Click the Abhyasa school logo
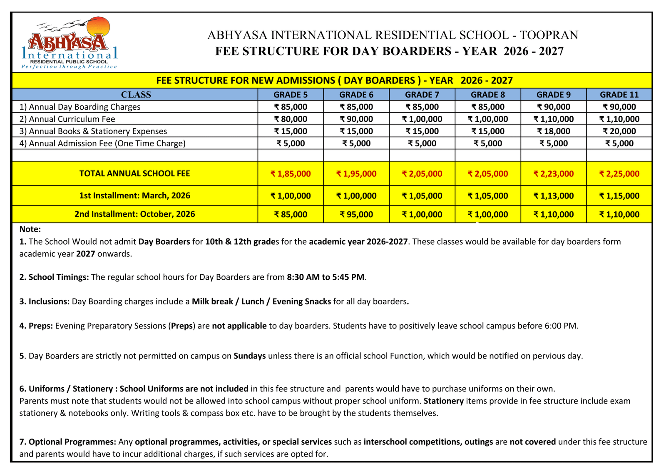(70, 43)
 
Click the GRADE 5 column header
(291, 95)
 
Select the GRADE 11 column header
(619, 95)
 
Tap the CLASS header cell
(136, 95)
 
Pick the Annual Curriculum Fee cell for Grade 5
(291, 119)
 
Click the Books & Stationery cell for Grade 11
(619, 131)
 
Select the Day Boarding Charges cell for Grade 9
(553, 107)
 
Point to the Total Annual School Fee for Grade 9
(553, 174)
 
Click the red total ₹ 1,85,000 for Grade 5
(291, 174)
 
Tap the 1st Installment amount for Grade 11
(619, 196)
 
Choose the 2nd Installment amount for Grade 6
(356, 215)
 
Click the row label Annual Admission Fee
(107, 143)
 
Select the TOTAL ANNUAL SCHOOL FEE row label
(134, 173)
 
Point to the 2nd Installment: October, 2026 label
(134, 214)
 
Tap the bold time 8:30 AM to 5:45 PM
(326, 277)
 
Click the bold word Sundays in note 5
(250, 356)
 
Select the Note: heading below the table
(30, 229)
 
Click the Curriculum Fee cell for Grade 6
(356, 119)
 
